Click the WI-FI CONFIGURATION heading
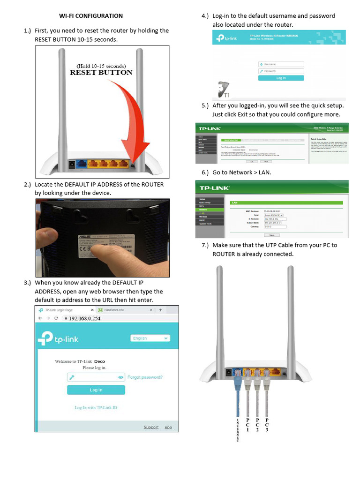click(x=91, y=16)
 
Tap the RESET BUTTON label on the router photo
click(x=101, y=73)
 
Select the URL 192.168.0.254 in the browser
click(x=85, y=318)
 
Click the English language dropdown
click(x=150, y=338)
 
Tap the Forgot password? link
click(x=145, y=377)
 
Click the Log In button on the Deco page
click(x=96, y=390)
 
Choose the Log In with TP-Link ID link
click(x=96, y=408)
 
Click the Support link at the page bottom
click(x=151, y=427)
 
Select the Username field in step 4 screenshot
click(x=281, y=64)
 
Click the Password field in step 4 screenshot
click(x=281, y=71)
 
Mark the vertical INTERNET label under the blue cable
click(x=238, y=429)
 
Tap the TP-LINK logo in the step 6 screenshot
click(x=215, y=188)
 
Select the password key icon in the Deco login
click(x=72, y=377)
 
